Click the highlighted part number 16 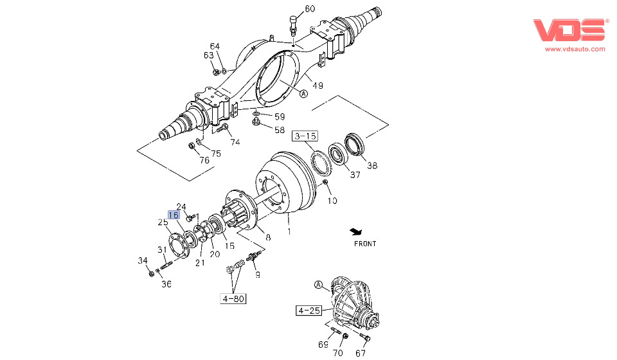coord(174,215)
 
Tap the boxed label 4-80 coord(234,298)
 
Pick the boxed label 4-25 coord(308,311)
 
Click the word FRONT coord(365,244)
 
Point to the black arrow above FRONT coord(357,231)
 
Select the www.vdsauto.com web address coord(575,49)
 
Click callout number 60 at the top coord(310,9)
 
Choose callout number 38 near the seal coord(372,165)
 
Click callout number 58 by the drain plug coord(280,130)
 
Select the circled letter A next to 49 coord(303,94)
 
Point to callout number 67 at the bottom coord(361,353)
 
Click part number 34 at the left coord(143,260)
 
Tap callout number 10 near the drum coord(332,201)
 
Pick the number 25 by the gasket coord(163,222)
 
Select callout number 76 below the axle coord(204,159)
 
